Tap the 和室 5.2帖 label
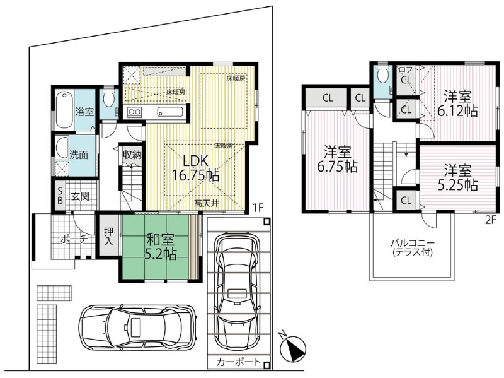[x=161, y=247]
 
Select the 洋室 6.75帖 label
[x=337, y=159]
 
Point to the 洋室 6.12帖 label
[x=457, y=103]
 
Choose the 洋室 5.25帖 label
[x=457, y=178]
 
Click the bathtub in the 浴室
[x=65, y=110]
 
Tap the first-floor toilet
[x=108, y=98]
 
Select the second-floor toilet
[x=383, y=74]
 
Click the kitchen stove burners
[x=134, y=112]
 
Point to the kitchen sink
[x=170, y=112]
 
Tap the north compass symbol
[x=292, y=348]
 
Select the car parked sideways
[x=137, y=328]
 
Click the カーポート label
[x=238, y=362]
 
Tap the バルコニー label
[x=413, y=243]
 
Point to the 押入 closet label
[x=108, y=237]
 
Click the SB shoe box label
[x=60, y=195]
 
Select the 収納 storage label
[x=132, y=155]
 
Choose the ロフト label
[x=408, y=69]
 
